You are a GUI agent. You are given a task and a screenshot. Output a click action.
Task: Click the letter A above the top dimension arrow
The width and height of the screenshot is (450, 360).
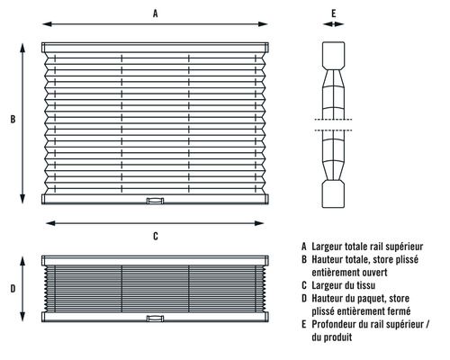click(155, 13)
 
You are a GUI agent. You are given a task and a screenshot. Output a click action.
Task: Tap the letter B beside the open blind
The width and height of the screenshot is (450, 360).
click(13, 119)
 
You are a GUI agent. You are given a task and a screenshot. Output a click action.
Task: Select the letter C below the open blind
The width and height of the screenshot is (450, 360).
click(156, 237)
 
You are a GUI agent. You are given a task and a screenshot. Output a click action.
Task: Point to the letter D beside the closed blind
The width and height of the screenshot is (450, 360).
click(13, 289)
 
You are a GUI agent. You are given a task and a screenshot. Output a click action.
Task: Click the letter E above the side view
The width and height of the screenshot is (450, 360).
click(334, 13)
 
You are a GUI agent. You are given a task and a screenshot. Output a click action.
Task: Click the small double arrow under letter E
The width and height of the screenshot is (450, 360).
click(333, 24)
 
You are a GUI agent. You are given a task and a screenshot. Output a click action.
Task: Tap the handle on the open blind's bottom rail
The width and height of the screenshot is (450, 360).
click(155, 201)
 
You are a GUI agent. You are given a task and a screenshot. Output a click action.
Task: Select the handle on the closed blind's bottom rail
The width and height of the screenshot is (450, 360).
click(155, 319)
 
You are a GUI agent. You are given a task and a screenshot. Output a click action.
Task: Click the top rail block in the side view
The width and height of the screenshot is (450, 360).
click(333, 56)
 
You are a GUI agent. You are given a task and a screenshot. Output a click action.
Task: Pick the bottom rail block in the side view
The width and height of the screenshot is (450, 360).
click(333, 194)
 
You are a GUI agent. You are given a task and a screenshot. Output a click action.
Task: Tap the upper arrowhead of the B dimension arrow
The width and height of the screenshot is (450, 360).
click(22, 48)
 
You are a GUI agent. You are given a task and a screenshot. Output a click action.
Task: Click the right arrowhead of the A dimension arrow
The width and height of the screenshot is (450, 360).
click(263, 24)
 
